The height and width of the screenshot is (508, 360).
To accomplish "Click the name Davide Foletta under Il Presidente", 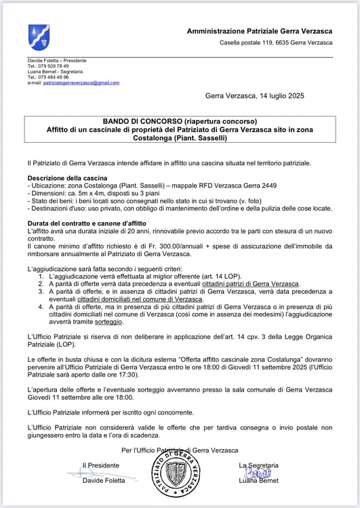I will tap(101, 481).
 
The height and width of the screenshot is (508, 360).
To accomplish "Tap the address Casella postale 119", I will tap(244, 43).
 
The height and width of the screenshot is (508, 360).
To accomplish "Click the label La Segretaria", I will tap(258, 465).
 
